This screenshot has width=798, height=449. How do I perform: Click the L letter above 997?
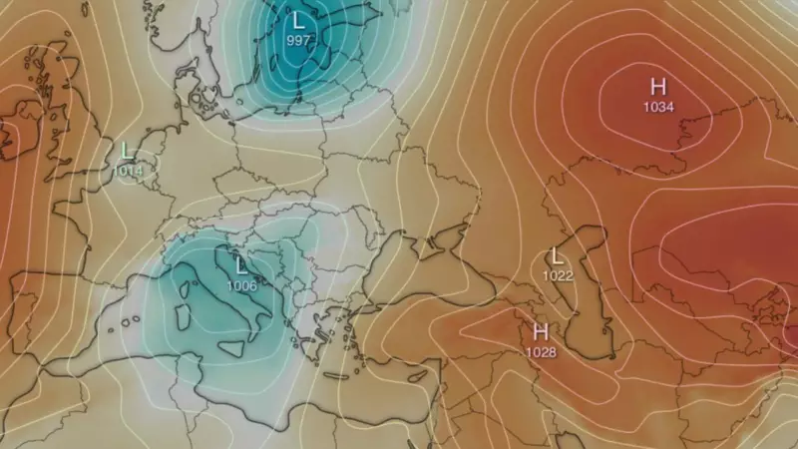pyautogui.click(x=297, y=21)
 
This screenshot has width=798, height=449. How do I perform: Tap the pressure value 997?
pyautogui.click(x=297, y=40)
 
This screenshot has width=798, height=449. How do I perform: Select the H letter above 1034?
pyautogui.click(x=657, y=86)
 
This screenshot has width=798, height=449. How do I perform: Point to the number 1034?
pyautogui.click(x=657, y=106)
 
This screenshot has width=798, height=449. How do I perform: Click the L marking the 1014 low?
pyautogui.click(x=127, y=151)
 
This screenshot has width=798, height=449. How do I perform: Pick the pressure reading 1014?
pyautogui.click(x=129, y=171)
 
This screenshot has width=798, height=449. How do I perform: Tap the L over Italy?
pyautogui.click(x=241, y=266)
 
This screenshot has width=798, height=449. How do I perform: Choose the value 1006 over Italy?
pyautogui.click(x=241, y=286)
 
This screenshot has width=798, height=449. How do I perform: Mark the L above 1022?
pyautogui.click(x=557, y=256)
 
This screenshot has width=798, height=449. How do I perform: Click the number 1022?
pyautogui.click(x=558, y=275)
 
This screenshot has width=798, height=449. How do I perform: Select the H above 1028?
pyautogui.click(x=542, y=331)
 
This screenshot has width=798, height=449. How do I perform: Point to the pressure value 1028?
pyautogui.click(x=542, y=351)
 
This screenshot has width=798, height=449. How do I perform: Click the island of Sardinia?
pyautogui.click(x=183, y=315)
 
